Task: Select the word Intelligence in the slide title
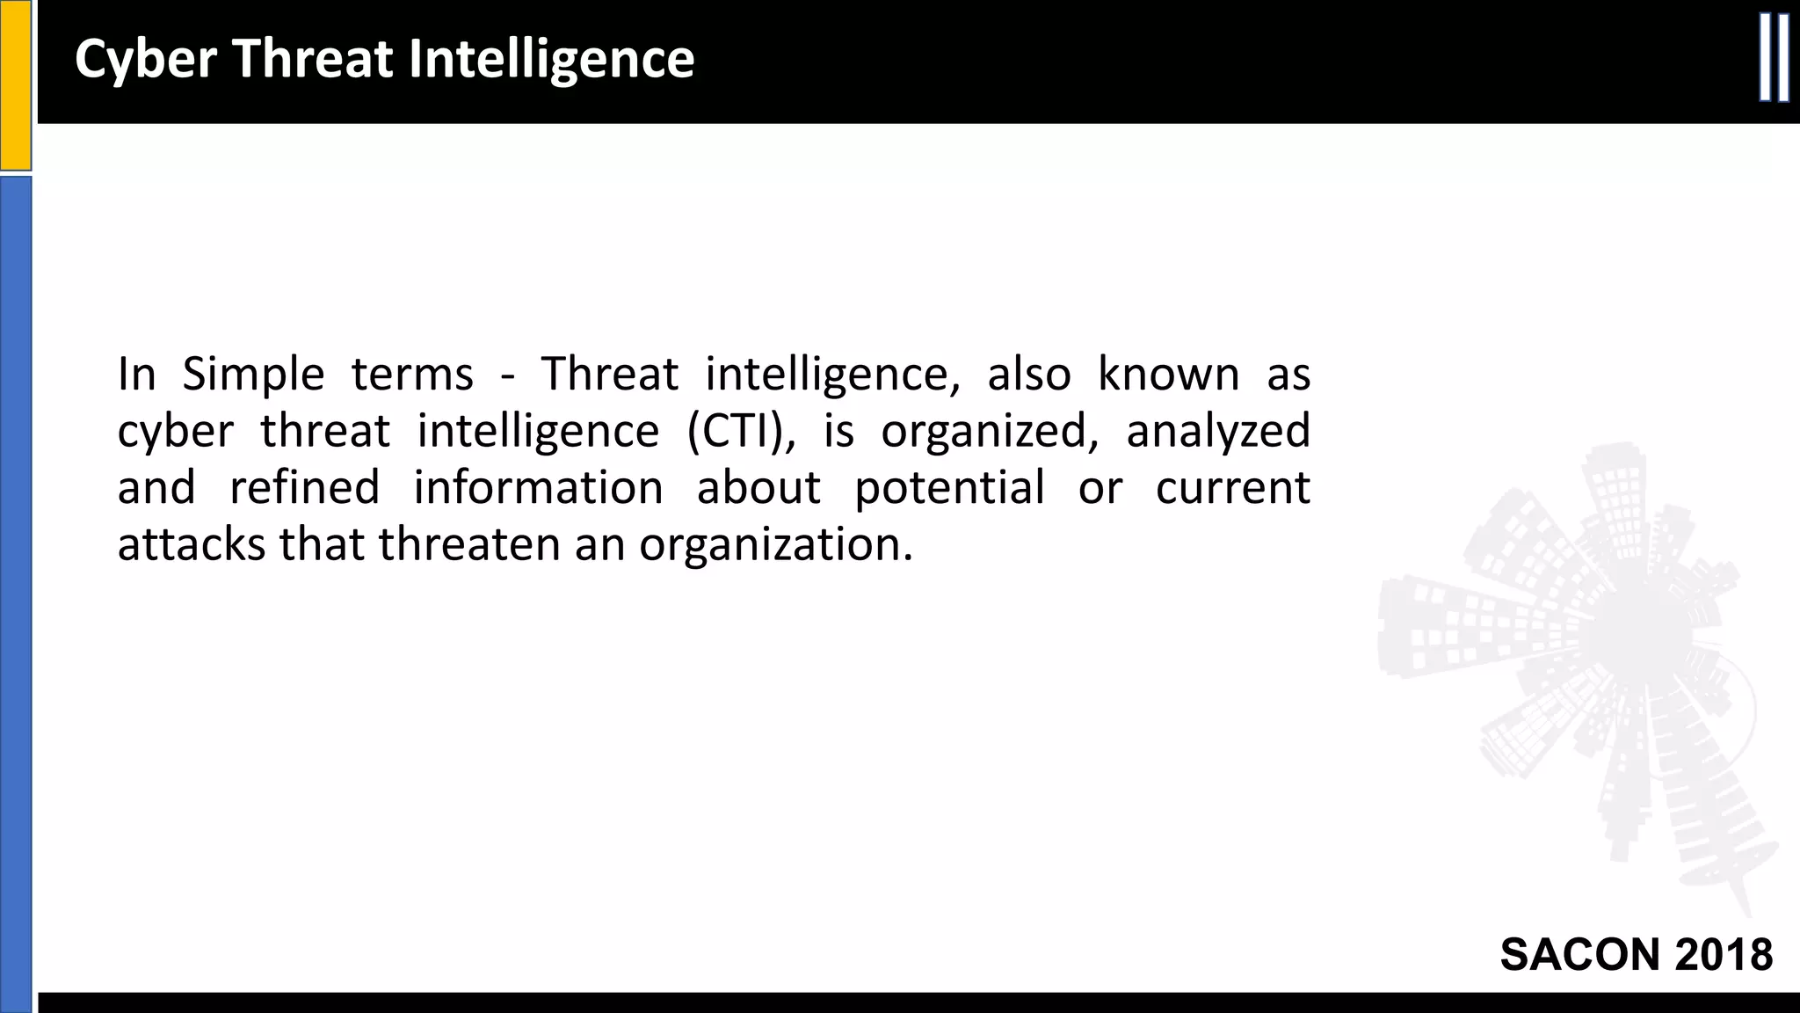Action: coord(551,60)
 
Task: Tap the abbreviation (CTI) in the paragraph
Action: coord(741,432)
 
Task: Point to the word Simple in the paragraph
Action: coord(253,375)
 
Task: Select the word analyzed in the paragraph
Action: coord(1218,432)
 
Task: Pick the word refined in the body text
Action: coord(304,488)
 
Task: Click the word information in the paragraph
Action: coord(538,488)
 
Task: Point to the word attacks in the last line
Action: coord(192,544)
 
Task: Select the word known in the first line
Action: coord(1168,374)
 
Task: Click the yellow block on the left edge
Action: coord(15,84)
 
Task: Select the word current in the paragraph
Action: coord(1232,488)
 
